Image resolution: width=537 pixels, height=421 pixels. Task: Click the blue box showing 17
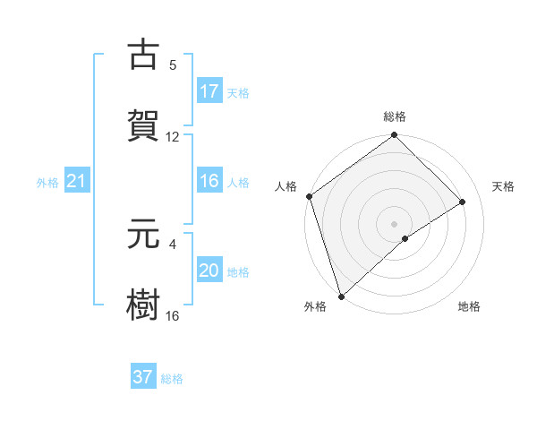click(209, 91)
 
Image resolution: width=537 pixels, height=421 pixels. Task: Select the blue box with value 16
click(209, 181)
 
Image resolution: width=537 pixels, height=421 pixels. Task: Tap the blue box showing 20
click(209, 271)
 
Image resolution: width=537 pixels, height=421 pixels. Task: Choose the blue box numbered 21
click(77, 182)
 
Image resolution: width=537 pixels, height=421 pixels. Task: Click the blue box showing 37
click(143, 377)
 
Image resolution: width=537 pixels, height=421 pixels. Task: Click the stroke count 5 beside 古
click(173, 64)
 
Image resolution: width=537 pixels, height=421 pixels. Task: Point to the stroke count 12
click(173, 137)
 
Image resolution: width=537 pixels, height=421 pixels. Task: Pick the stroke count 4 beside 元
click(173, 243)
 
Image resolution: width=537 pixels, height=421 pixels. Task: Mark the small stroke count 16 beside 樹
click(173, 316)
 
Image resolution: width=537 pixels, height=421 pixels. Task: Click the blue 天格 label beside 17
click(238, 92)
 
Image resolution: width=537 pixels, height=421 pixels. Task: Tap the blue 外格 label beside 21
click(47, 183)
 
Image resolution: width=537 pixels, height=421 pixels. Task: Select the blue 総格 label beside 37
click(172, 379)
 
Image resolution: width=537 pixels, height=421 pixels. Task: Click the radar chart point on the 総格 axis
click(394, 136)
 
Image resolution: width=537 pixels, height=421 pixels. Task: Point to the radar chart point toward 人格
click(309, 196)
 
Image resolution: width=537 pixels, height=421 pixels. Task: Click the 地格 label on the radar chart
click(469, 306)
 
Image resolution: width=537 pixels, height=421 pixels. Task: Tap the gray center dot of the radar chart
click(394, 223)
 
